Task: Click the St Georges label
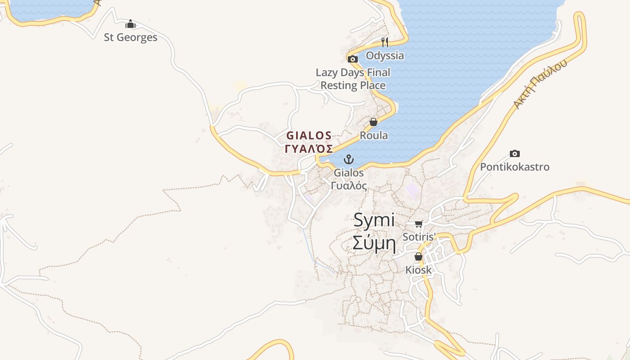(130, 37)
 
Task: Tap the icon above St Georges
(130, 24)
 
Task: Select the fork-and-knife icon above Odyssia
(385, 42)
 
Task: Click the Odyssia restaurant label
(385, 56)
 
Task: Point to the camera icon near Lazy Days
(353, 59)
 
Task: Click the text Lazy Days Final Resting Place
(353, 79)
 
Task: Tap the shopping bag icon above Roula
(373, 122)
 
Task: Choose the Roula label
(373, 135)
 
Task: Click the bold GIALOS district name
(309, 135)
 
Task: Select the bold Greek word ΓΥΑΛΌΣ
(309, 149)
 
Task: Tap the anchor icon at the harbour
(348, 159)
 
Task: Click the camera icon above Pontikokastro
(515, 154)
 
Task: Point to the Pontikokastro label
(515, 167)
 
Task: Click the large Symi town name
(374, 220)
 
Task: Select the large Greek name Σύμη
(374, 243)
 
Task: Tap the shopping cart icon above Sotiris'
(419, 224)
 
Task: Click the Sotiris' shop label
(419, 237)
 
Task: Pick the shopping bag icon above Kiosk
(418, 256)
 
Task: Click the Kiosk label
(418, 270)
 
